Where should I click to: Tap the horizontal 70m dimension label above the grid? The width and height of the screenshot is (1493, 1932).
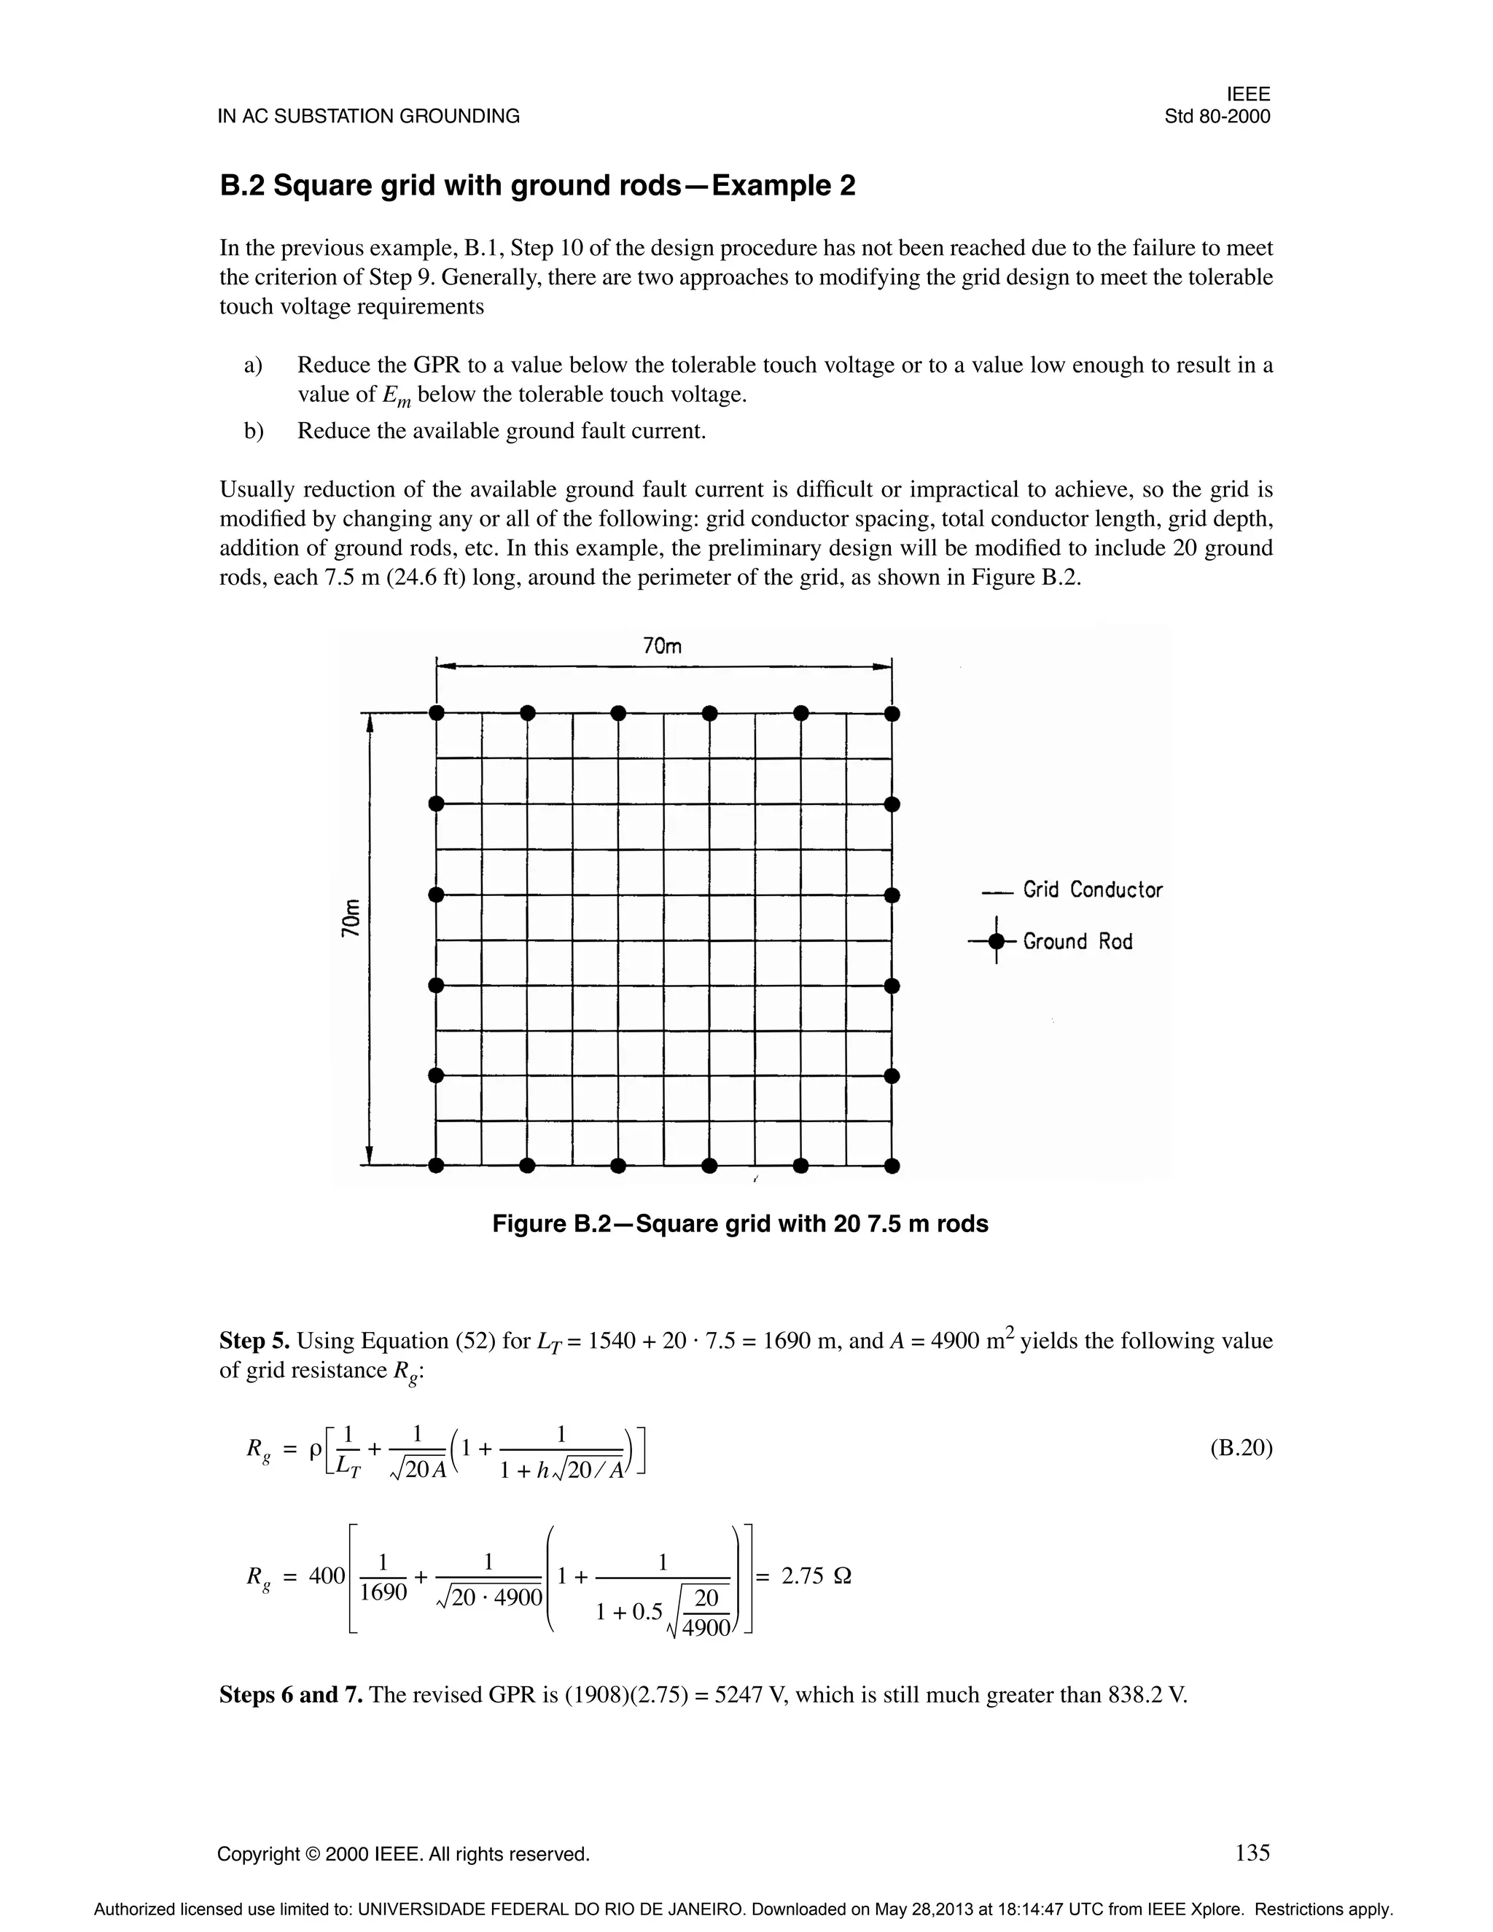point(663,647)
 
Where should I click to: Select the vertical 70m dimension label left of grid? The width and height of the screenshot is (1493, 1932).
point(351,917)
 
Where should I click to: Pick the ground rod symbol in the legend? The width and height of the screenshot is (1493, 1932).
point(997,942)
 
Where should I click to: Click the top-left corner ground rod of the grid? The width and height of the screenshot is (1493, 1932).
point(436,713)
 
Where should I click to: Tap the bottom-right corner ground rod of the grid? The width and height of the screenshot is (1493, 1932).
point(892,1166)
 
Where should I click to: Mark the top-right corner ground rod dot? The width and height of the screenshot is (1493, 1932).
point(892,713)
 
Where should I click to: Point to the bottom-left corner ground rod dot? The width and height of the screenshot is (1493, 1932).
point(436,1166)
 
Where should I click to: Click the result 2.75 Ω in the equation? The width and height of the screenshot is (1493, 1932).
point(816,1576)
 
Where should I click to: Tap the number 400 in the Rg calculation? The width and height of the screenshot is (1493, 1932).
point(327,1576)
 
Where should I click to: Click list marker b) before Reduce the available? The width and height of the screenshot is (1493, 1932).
point(254,431)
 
